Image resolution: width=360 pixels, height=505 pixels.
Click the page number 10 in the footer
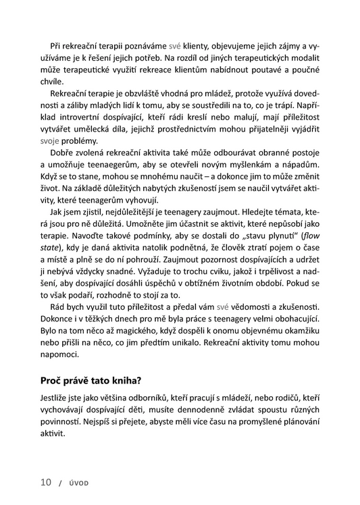(x=45, y=482)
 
